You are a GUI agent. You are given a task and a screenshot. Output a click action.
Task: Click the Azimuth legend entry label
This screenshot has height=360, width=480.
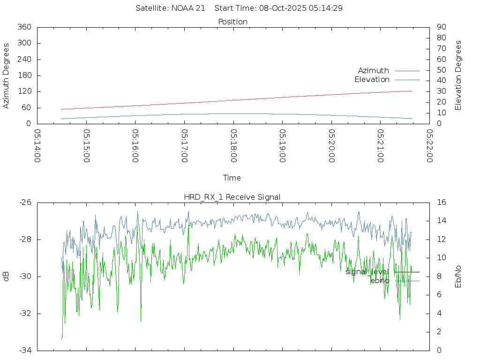point(373,71)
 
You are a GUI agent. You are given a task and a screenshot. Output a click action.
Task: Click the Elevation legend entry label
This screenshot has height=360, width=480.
point(372,80)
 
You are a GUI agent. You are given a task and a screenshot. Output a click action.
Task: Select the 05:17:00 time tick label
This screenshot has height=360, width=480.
point(185,146)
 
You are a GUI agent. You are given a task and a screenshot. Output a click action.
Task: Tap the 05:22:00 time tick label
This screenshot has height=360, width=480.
point(429,146)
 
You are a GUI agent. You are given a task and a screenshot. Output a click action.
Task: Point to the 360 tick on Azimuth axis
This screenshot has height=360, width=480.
point(24,27)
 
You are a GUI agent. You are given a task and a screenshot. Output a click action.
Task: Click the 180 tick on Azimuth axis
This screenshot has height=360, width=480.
point(24,75)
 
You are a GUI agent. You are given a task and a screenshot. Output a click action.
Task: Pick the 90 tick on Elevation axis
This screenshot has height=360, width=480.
point(441,27)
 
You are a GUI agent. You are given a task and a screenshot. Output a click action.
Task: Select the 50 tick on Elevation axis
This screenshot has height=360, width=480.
point(441,70)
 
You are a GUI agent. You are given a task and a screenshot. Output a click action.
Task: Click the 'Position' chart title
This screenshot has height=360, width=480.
point(232,22)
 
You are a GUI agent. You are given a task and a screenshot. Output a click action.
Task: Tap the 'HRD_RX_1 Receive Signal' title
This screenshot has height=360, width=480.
point(232,197)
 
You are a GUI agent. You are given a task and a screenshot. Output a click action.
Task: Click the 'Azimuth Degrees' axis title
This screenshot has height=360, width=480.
point(6,75)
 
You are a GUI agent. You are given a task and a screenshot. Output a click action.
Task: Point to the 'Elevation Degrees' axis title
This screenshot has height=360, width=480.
point(458,75)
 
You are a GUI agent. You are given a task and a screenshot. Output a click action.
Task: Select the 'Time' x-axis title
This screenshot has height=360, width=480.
point(232,178)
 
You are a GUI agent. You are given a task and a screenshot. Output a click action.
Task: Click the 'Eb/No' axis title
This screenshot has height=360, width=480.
point(458,276)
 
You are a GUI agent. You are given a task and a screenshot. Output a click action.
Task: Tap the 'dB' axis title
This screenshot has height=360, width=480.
point(6,276)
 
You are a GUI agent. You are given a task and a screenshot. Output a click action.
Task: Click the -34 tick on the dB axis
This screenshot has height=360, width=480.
point(24,350)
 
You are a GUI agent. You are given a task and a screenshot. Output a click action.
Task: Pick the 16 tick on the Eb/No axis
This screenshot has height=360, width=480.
point(442,202)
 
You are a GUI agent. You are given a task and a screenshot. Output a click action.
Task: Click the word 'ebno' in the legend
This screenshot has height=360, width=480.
point(380,280)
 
